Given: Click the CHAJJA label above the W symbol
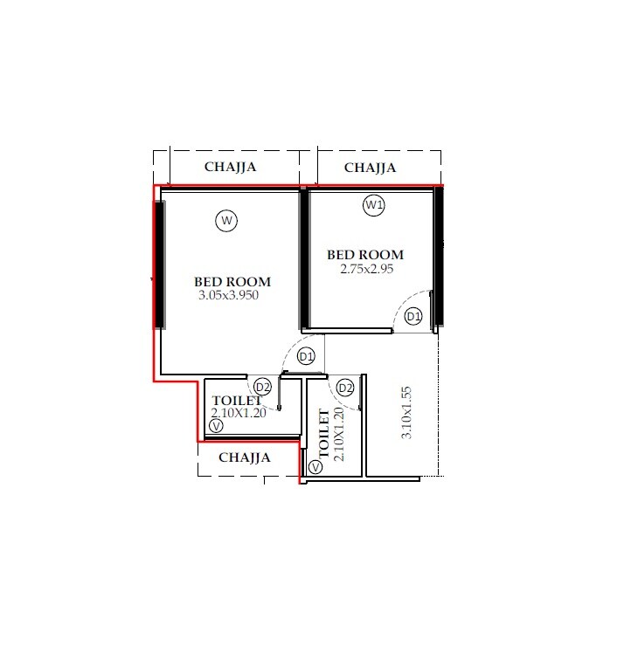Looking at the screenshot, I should click(230, 168).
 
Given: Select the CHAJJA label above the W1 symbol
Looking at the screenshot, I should click(370, 168).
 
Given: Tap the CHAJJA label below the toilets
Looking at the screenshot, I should click(244, 457).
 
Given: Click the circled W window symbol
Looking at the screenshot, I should click(226, 221).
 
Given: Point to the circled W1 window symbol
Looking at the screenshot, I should click(374, 205).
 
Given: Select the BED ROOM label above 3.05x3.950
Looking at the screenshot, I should click(232, 282).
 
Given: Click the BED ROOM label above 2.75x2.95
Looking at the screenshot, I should click(365, 255).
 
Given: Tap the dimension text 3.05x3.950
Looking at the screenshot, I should click(229, 295).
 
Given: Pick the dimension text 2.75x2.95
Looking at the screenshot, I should click(367, 269).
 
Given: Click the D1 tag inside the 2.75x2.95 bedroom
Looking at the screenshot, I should click(414, 316).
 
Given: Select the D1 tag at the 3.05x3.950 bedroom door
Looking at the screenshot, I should click(306, 356).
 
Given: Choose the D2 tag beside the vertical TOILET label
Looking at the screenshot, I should click(345, 388).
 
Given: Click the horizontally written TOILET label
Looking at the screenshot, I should click(237, 401).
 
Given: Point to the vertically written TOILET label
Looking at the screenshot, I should click(325, 434).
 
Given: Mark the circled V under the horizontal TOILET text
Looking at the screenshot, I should click(216, 426).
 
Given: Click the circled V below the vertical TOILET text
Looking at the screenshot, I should click(315, 467).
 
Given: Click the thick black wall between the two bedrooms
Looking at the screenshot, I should click(304, 259).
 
